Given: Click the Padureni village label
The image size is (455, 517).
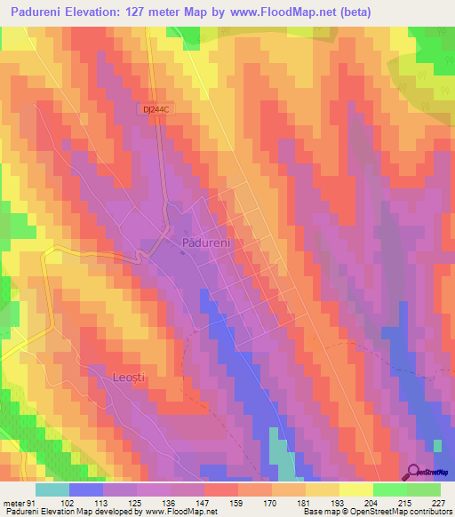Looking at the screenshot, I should coord(206,242).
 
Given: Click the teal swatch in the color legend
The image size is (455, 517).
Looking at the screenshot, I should coord(52,489).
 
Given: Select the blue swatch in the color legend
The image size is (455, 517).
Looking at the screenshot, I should coord(86,489).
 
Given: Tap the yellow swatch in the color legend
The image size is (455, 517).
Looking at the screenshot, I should coord(323,489).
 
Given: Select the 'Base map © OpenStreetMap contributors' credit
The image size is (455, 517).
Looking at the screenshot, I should coord(376,512).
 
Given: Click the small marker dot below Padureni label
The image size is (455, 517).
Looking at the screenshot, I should coord(183,253).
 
